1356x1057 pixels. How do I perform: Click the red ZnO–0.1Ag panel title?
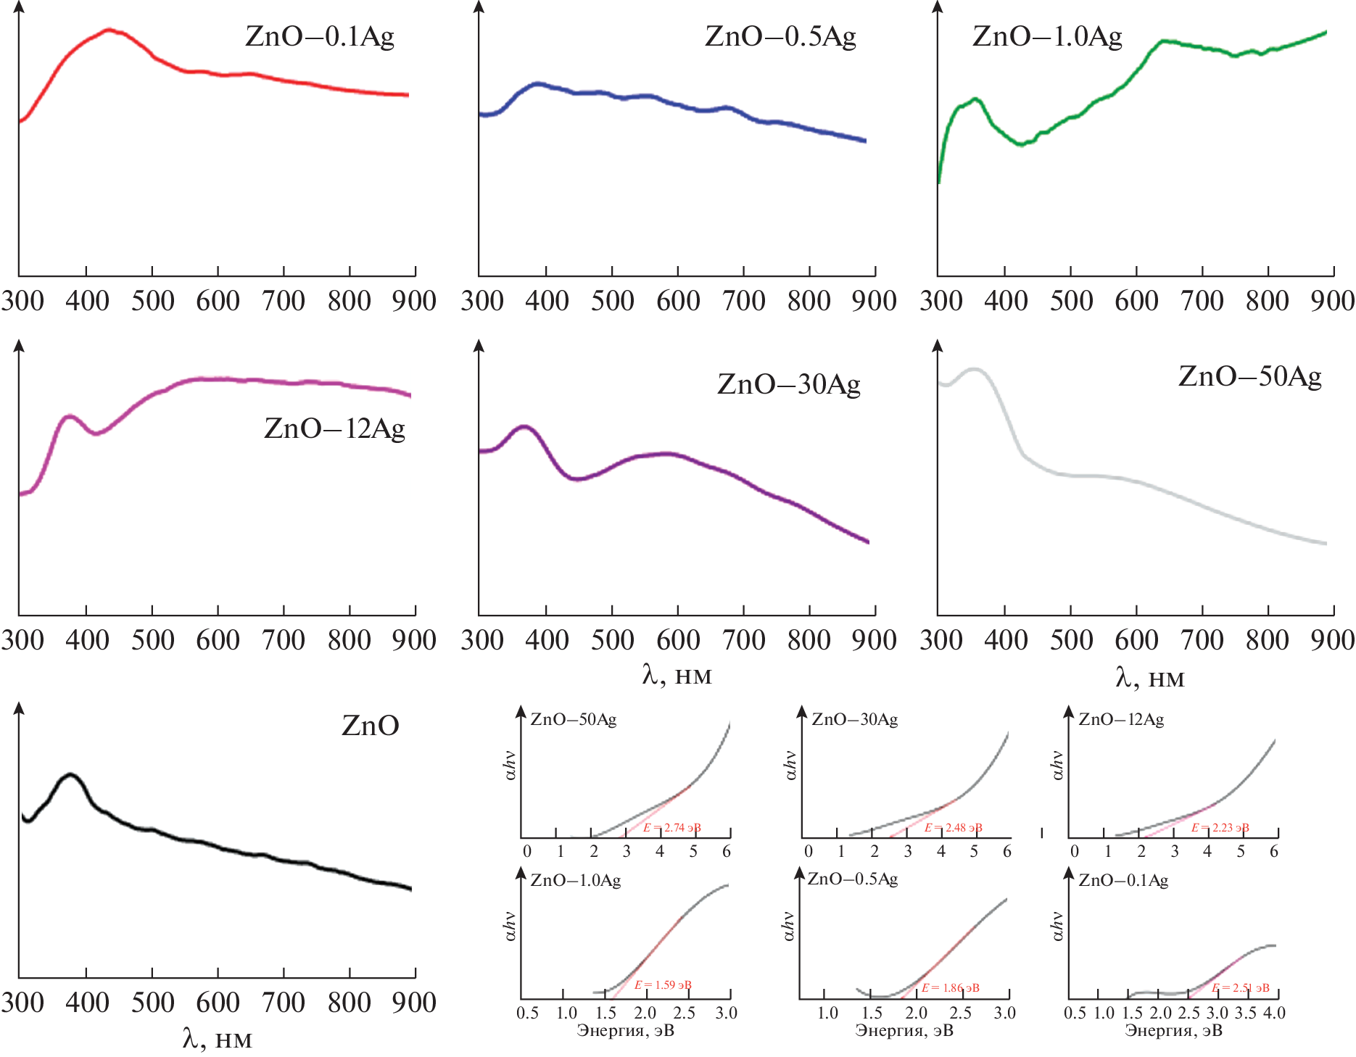[319, 36]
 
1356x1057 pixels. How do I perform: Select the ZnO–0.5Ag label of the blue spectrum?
[780, 36]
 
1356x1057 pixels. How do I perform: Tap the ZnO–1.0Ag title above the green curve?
[1047, 36]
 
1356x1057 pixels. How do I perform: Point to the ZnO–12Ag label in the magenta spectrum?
[334, 428]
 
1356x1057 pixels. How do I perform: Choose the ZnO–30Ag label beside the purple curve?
[789, 384]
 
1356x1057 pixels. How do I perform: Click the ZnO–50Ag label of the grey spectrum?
[1249, 376]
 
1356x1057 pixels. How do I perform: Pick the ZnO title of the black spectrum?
[370, 726]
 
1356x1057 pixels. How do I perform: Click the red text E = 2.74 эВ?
[671, 828]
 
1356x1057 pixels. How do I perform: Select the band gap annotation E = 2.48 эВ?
[953, 828]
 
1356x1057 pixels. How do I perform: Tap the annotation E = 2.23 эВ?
[1220, 828]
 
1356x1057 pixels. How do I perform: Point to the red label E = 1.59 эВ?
[663, 985]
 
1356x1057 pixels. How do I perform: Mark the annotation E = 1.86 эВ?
[950, 988]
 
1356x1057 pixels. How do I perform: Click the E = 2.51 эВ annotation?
[1240, 988]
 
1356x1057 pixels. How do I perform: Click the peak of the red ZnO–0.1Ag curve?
[109, 30]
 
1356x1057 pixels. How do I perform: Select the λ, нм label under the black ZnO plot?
[217, 1040]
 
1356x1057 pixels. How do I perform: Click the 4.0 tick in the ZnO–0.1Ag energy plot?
[1274, 1013]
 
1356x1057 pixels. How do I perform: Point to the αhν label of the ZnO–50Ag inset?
[510, 766]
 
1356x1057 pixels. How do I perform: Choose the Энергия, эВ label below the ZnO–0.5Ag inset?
[904, 1031]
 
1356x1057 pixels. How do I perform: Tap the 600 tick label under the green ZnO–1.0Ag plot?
[1136, 301]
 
